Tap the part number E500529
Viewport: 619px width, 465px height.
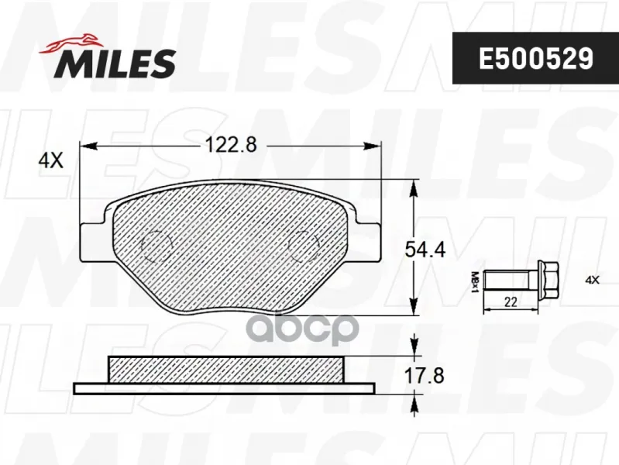pos(535,58)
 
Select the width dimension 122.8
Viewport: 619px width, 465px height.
pos(231,145)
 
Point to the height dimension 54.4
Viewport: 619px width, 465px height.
pos(425,250)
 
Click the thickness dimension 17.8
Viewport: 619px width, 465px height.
pos(425,375)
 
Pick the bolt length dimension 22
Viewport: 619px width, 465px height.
pos(511,301)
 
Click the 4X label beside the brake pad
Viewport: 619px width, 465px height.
pos(50,160)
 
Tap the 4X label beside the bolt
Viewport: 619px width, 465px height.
pos(592,281)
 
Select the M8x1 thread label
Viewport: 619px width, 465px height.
pos(475,282)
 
